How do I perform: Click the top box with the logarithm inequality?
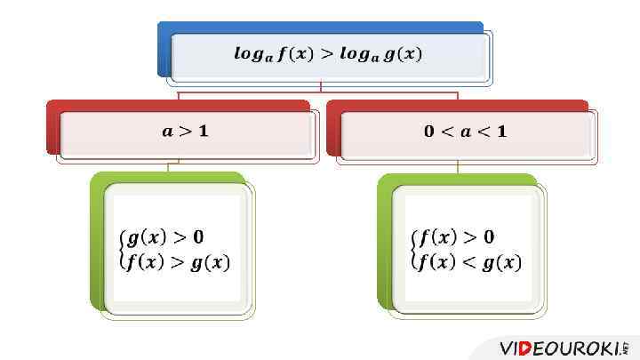(327, 55)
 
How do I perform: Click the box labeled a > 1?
(185, 132)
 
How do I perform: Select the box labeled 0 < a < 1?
(465, 132)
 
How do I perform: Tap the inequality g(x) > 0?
(165, 237)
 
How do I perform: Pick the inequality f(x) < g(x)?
(469, 262)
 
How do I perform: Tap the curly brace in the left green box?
(121, 250)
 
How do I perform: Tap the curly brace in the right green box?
(413, 250)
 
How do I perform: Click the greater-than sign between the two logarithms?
(327, 54)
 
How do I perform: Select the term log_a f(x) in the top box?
(272, 55)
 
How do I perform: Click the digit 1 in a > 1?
(204, 132)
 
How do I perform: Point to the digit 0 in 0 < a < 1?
(429, 132)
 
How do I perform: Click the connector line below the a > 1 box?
(168, 166)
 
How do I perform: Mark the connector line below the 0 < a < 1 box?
(459, 167)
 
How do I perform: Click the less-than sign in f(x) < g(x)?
(468, 262)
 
